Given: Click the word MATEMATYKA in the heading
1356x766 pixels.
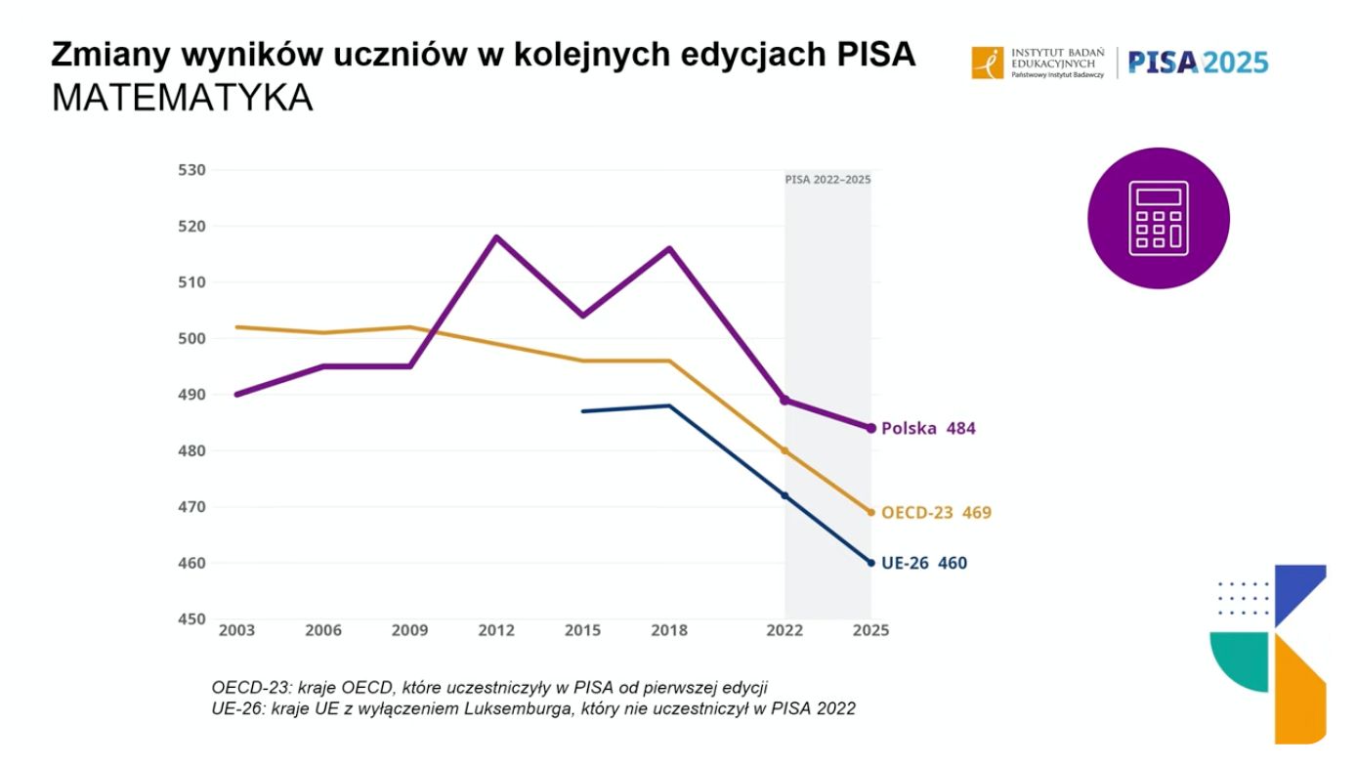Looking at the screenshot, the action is [183, 98].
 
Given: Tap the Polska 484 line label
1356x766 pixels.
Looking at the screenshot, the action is [928, 429].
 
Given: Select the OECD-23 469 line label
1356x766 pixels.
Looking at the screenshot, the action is [936, 513].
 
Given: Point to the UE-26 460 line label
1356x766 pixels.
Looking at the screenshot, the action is [924, 563].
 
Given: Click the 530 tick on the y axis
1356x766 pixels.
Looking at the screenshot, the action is [191, 170].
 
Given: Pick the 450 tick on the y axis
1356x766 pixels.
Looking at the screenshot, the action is [191, 619].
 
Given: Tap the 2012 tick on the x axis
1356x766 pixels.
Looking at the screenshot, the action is [495, 631].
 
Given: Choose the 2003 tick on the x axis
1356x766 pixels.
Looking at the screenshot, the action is [236, 631].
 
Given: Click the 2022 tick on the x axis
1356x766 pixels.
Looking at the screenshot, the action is [784, 631].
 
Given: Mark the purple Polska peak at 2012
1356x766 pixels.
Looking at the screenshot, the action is [495, 236].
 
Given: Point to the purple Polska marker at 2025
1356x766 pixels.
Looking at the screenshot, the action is [871, 428].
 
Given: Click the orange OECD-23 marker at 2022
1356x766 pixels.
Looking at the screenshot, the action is [784, 451].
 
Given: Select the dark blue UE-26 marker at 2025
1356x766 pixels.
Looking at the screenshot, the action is [871, 563].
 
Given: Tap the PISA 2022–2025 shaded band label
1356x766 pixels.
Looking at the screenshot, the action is [827, 180].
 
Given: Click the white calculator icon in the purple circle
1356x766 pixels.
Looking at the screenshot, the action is [1159, 218].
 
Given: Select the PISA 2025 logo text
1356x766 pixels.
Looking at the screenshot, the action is [1198, 63].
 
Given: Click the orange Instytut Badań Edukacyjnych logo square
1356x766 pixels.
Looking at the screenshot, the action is [988, 63].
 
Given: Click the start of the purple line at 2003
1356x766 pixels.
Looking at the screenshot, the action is [236, 395].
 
